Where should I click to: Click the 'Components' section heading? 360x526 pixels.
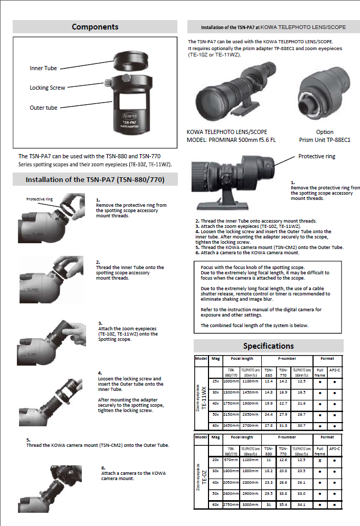point(95,27)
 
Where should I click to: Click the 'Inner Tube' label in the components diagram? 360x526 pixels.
point(43,68)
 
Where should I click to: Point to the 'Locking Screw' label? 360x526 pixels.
point(48,88)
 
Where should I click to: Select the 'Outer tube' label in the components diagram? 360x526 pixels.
point(44,108)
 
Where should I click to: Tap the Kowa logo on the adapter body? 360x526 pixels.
point(129,114)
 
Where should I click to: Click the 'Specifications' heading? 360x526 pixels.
point(268,346)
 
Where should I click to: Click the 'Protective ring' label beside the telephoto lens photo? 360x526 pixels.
point(317,156)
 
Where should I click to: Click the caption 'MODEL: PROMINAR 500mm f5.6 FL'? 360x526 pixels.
point(232,140)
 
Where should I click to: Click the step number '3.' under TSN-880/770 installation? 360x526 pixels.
point(100,322)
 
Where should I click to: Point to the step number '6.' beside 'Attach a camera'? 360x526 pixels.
point(103,467)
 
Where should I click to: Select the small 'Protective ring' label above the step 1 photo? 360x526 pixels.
point(40,199)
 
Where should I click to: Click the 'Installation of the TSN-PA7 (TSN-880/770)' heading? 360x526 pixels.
point(95,180)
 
